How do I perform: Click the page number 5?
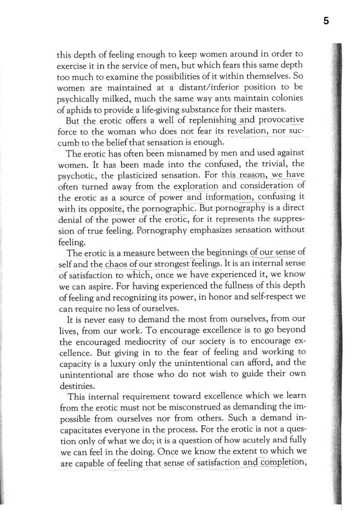click(x=326, y=21)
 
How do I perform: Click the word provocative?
click(x=281, y=120)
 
